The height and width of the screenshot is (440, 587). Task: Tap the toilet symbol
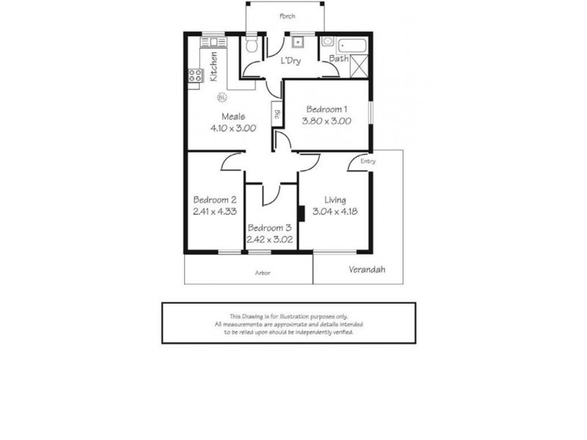(251, 48)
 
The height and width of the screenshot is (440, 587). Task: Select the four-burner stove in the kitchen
(196, 75)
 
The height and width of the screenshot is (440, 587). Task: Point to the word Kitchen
(214, 66)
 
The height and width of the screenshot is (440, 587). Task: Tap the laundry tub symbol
(299, 42)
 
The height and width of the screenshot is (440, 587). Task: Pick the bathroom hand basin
(327, 42)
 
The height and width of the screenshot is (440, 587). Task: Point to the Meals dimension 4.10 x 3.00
(233, 128)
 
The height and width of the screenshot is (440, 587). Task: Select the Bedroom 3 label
(270, 227)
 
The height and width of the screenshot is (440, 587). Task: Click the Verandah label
(367, 269)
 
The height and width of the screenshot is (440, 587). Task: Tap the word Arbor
(263, 273)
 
